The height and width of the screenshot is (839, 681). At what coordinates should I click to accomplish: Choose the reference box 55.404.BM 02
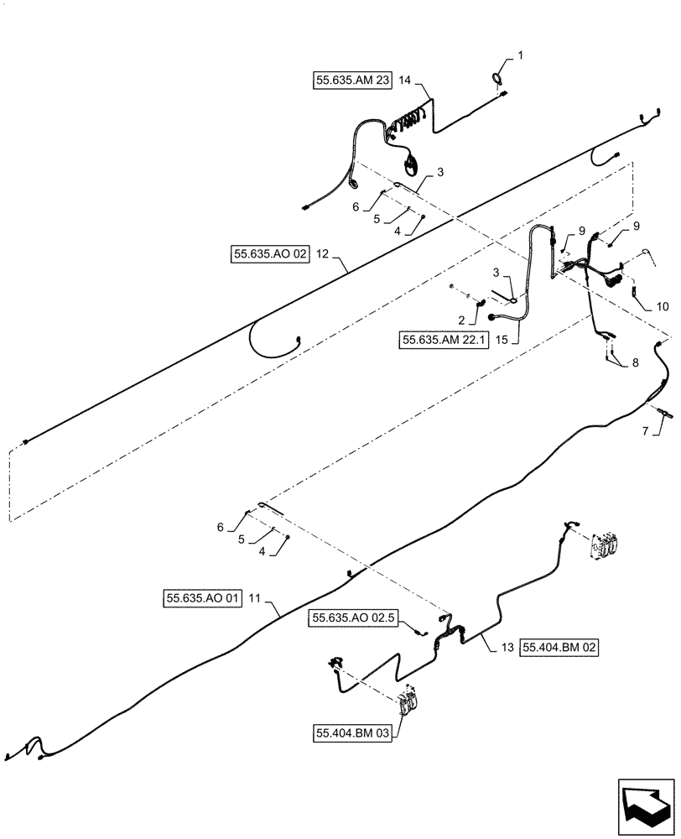click(x=559, y=648)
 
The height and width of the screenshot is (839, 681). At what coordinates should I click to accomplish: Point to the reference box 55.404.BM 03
click(x=351, y=733)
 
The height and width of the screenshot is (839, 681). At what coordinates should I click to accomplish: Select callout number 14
click(x=406, y=81)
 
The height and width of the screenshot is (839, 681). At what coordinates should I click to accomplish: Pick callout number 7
click(x=645, y=431)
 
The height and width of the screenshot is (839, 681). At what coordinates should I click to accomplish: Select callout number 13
click(x=506, y=648)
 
